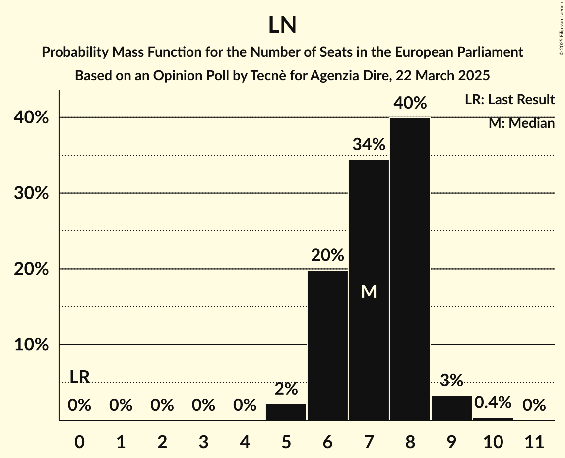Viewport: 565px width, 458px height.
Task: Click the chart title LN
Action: tap(282, 25)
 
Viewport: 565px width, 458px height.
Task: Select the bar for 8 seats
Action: tap(410, 269)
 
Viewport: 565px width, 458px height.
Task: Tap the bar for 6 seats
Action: tap(327, 345)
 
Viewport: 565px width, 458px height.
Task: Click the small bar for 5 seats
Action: tap(286, 412)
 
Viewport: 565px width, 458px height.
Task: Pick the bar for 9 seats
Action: tap(451, 408)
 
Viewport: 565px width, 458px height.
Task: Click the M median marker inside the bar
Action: tap(369, 292)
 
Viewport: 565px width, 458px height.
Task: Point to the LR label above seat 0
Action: tap(79, 377)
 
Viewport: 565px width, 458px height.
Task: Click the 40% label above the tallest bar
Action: tap(410, 103)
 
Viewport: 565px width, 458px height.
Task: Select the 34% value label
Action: tap(369, 145)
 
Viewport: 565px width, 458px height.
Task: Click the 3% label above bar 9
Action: tap(451, 380)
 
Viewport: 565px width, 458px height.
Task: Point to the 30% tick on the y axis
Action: tap(31, 193)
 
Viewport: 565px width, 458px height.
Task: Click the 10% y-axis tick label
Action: tap(31, 345)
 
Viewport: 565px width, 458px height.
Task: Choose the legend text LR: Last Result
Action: tap(509, 100)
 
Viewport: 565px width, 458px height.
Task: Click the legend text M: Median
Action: tap(521, 123)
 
